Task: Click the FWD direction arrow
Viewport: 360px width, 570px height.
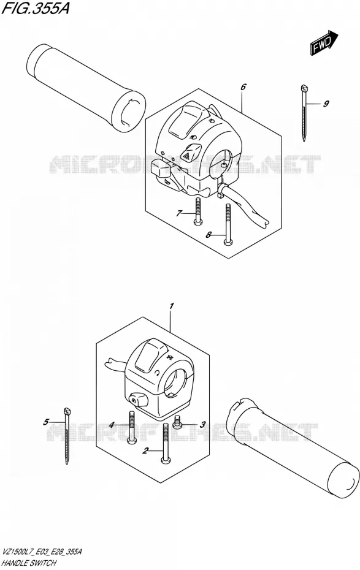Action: coord(324,43)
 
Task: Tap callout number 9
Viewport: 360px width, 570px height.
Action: coord(326,104)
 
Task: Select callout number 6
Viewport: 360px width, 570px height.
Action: coord(243,86)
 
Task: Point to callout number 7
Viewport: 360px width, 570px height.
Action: coord(178,213)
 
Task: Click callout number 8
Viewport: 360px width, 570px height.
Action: coord(209,235)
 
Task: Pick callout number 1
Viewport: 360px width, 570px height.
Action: coord(172,306)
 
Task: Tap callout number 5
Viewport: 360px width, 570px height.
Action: coord(45,422)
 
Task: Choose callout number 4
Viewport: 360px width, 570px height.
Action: coord(112,424)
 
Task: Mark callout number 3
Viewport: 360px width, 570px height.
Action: coord(202,424)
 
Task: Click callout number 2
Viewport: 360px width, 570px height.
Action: coord(145,451)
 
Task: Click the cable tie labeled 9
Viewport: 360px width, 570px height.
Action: coord(304,112)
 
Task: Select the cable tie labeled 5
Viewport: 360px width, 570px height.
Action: coord(67,436)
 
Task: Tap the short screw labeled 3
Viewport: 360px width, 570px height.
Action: coord(177,422)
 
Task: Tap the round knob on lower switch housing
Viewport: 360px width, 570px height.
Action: coord(137,400)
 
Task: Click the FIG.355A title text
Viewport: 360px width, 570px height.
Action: coord(36,9)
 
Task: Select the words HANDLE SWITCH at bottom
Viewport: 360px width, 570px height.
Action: coord(29,563)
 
